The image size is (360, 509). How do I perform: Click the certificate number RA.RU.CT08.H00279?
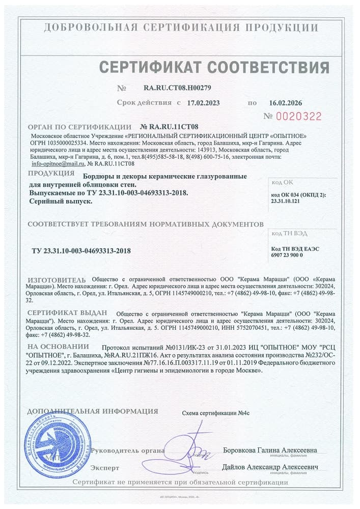pos(174,88)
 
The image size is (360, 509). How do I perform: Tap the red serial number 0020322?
pos(299,117)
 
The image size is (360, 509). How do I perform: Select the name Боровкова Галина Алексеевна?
pos(270,450)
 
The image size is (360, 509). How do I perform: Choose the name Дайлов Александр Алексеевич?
pos(270,467)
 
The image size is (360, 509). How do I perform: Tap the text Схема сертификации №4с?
pos(216,413)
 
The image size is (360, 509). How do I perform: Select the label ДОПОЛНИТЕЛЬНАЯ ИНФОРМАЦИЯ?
pos(92,411)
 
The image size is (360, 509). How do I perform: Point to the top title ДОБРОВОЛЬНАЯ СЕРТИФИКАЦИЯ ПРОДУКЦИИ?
pos(180,27)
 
